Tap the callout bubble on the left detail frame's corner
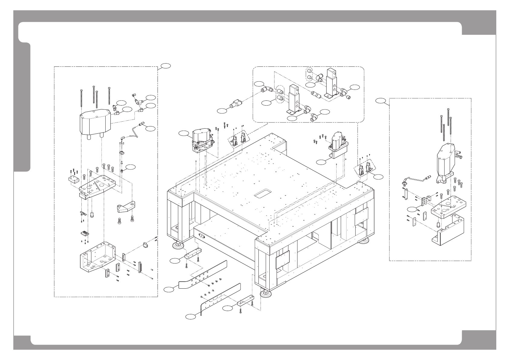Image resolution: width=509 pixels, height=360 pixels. click(166, 66)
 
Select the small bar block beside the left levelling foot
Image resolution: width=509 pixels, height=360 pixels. click(193, 253)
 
